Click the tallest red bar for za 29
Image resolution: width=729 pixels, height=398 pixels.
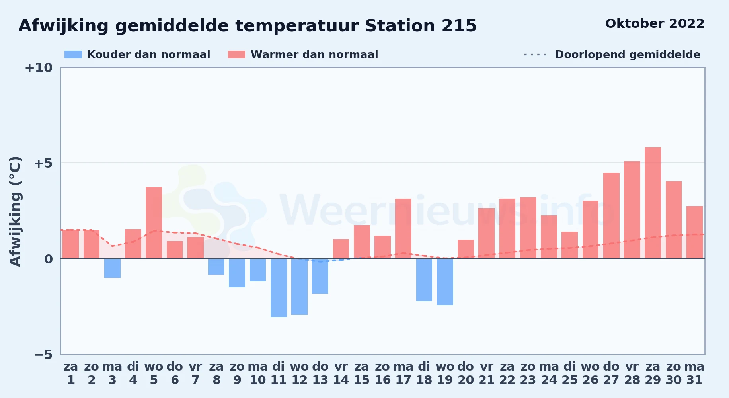click(653, 203)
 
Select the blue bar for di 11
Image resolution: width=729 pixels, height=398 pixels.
click(279, 288)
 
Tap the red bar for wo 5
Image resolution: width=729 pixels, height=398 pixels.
click(154, 223)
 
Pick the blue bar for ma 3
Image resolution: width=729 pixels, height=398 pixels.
click(112, 268)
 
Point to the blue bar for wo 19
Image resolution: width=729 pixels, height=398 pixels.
click(445, 282)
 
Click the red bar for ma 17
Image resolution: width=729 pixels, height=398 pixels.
click(403, 228)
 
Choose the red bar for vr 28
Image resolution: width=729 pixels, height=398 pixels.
click(632, 210)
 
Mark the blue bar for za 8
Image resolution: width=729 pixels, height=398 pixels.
click(216, 267)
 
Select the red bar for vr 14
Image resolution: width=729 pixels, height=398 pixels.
click(341, 249)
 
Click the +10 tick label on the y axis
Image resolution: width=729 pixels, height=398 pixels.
click(39, 68)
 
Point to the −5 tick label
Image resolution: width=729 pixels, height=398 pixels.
click(43, 354)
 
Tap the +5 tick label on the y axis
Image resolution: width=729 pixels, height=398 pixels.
click(43, 163)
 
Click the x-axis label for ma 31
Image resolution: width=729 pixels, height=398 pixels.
click(694, 373)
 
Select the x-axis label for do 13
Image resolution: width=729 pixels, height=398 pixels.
click(320, 373)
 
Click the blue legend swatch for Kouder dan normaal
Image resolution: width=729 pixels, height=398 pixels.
click(73, 55)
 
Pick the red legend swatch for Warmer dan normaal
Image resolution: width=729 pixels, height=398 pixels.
click(237, 55)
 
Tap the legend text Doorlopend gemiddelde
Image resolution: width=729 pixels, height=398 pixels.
click(628, 55)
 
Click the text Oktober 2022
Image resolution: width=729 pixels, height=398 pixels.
click(655, 24)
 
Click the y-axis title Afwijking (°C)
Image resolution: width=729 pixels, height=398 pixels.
click(15, 211)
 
